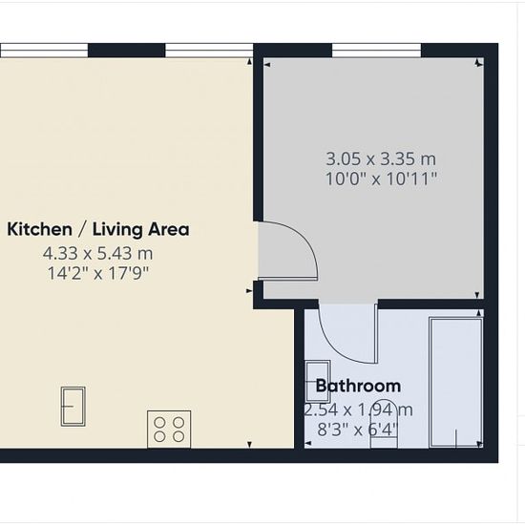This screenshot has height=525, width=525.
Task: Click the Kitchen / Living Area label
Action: click(98, 230)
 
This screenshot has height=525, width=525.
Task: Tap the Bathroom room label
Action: click(358, 386)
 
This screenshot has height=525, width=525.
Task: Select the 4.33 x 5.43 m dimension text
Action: click(97, 254)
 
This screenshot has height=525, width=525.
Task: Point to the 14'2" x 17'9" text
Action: click(97, 273)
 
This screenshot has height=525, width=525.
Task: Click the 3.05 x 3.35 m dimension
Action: click(381, 158)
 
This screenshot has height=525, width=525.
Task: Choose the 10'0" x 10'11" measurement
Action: click(382, 178)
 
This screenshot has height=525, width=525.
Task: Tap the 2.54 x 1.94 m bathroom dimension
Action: click(358, 409)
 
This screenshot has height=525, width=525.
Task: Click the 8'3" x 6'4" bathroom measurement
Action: click(358, 430)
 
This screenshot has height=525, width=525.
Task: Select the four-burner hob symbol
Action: click(169, 430)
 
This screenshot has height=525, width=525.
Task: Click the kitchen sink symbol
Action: click(73, 407)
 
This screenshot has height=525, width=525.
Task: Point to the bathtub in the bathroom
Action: click(456, 383)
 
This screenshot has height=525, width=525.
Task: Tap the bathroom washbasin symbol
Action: click(318, 382)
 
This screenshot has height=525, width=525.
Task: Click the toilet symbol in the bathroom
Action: click(384, 424)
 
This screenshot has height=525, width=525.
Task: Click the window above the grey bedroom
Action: click(377, 51)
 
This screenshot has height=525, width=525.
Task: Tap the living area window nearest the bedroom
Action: click(209, 51)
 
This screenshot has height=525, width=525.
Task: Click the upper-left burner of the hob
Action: click(159, 423)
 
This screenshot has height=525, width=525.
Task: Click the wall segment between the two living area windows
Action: click(127, 51)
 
